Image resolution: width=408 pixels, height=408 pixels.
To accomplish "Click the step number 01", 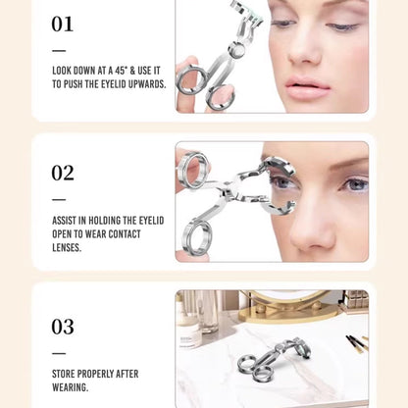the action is click(x=62, y=24).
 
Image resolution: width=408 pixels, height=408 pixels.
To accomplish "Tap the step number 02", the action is click(x=63, y=173).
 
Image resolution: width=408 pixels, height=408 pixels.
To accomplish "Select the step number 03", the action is click(x=63, y=327).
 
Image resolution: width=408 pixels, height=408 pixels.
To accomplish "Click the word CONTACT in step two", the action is click(x=125, y=234).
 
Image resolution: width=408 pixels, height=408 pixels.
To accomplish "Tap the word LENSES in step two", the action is click(x=67, y=247).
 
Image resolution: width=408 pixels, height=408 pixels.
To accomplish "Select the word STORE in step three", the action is click(x=63, y=374).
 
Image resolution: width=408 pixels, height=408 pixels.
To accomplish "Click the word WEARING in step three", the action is click(x=70, y=387).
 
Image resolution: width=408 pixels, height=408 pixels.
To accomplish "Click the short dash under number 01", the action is click(x=59, y=51).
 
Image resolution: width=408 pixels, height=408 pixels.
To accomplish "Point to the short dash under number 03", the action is click(x=59, y=353).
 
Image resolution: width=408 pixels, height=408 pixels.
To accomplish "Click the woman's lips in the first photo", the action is click(x=307, y=86).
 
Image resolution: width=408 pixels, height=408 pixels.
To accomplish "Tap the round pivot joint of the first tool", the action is click(x=236, y=50).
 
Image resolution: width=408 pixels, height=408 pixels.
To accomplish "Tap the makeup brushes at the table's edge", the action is click(x=357, y=342).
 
